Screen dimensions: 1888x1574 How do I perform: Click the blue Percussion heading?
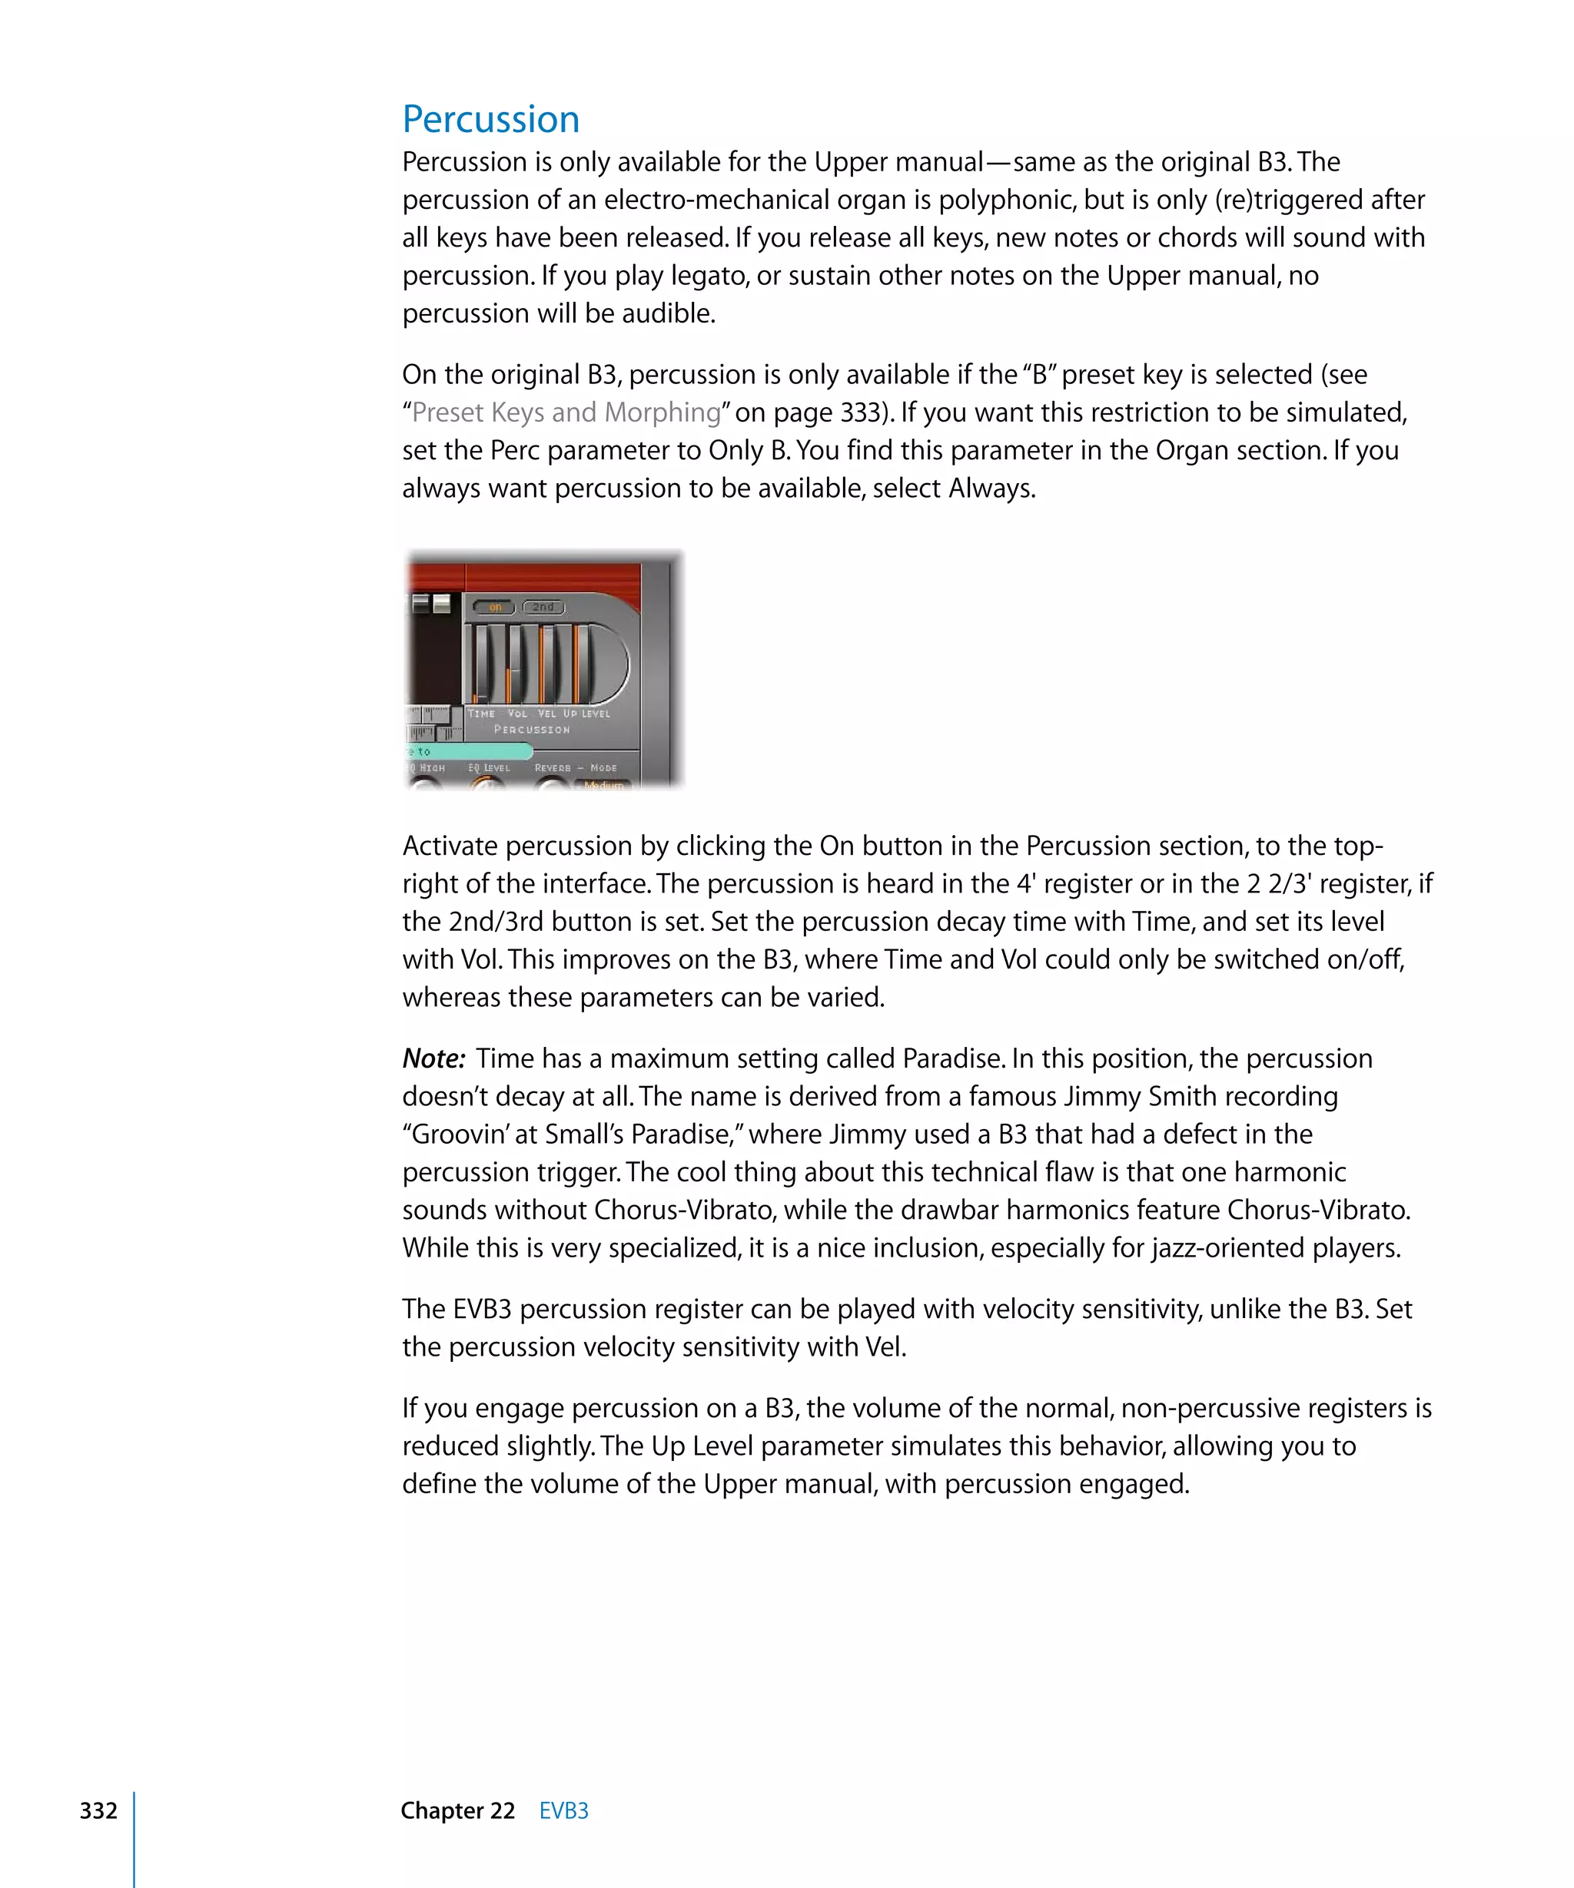click(x=490, y=120)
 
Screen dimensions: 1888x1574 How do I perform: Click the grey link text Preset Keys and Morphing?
click(x=566, y=412)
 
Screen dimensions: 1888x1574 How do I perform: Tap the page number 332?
click(x=98, y=1810)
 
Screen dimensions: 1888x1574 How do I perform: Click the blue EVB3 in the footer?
click(x=563, y=1810)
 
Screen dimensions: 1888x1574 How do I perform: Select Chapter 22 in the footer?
click(x=457, y=1810)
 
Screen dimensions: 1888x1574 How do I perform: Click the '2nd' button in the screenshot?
click(x=543, y=607)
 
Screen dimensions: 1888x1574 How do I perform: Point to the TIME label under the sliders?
click(x=481, y=714)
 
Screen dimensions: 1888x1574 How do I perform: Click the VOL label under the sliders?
click(x=517, y=714)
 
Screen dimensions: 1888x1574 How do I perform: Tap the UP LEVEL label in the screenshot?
click(x=586, y=714)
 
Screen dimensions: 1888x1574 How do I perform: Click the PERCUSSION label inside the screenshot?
click(x=532, y=730)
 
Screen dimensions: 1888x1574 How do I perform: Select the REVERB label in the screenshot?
click(x=553, y=769)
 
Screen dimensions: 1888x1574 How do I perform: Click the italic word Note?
click(x=433, y=1059)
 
